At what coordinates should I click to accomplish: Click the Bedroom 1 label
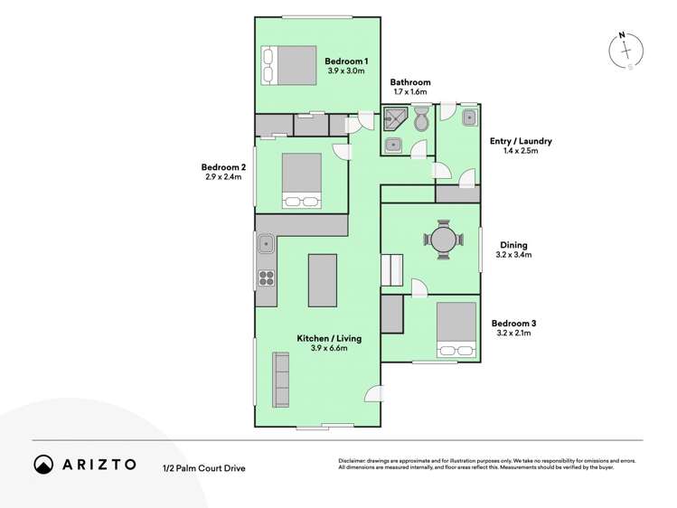[345, 60]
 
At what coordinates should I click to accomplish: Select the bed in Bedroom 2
[302, 181]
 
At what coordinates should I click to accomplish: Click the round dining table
[444, 240]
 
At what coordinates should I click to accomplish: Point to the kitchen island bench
[323, 280]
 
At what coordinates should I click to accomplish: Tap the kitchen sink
[267, 243]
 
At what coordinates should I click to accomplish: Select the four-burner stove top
[267, 278]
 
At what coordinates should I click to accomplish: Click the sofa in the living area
[281, 380]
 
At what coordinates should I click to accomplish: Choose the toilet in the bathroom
[421, 118]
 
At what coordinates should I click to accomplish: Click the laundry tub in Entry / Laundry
[469, 118]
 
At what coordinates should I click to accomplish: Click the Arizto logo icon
[43, 464]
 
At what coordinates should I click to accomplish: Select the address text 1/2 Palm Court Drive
[203, 467]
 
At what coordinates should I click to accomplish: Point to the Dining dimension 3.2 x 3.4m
[513, 256]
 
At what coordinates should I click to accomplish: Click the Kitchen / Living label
[329, 338]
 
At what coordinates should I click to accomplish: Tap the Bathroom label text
[411, 82]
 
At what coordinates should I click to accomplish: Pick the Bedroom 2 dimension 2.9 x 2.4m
[224, 177]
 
